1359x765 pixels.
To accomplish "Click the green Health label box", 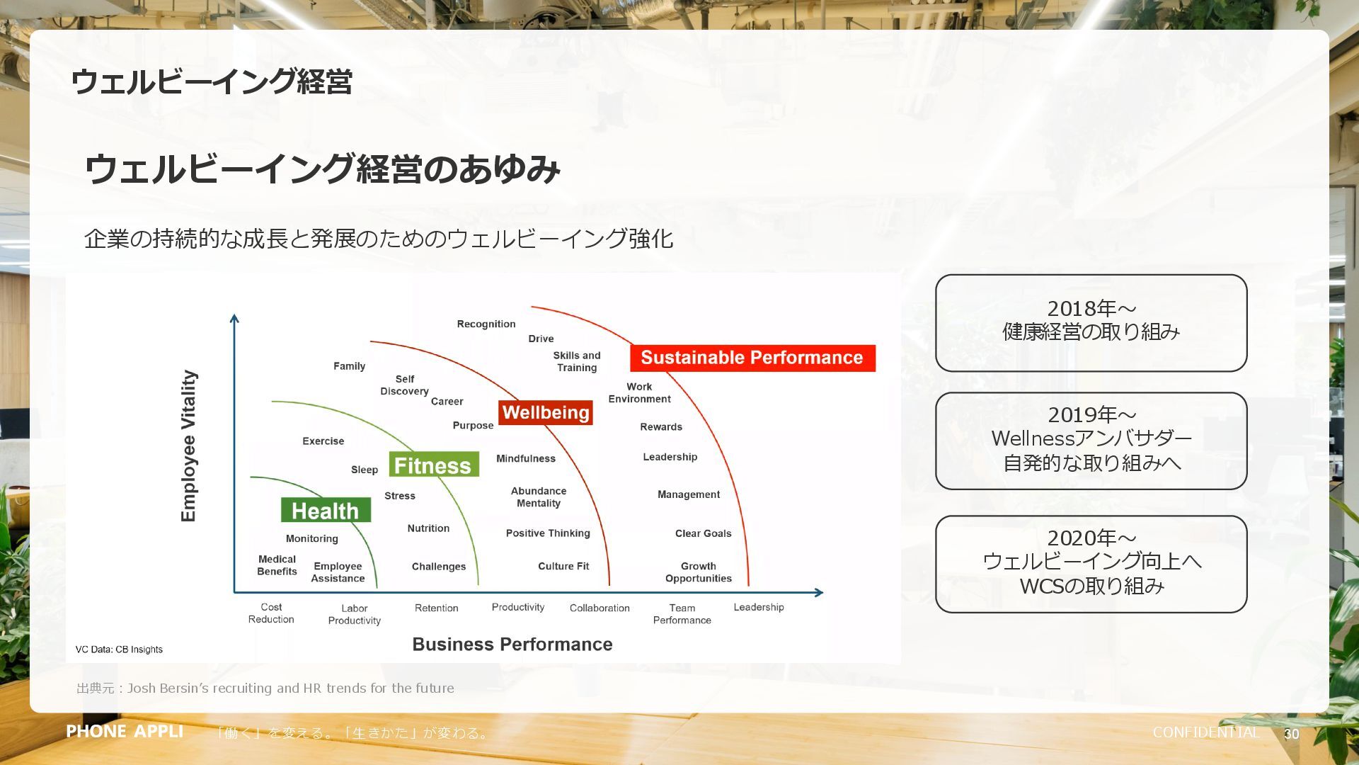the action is tap(326, 510).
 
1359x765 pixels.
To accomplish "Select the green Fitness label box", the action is tap(433, 465).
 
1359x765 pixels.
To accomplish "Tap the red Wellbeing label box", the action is tap(545, 412).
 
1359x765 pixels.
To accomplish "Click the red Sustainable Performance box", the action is tap(752, 358).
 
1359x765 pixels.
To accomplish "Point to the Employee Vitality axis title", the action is tap(188, 446).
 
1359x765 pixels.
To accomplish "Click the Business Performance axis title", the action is tap(512, 644).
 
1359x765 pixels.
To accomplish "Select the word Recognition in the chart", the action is tap(486, 324).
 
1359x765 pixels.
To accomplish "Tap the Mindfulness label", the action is tap(525, 458).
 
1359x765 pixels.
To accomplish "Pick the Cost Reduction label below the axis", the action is tap(271, 613).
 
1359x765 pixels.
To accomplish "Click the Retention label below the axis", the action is tap(436, 608).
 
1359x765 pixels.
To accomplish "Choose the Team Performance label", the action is tap(682, 613).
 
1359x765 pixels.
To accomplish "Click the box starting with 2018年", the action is tap(1091, 323).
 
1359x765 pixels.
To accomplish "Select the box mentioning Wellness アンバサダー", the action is tap(1091, 441).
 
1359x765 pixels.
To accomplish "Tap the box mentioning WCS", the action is tap(1091, 564).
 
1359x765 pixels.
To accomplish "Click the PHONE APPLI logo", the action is tap(125, 731).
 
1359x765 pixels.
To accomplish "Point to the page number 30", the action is tap(1291, 734).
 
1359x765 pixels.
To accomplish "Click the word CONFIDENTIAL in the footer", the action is tap(1205, 732).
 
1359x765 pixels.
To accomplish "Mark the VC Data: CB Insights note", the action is tap(119, 650).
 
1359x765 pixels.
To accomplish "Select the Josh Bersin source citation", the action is tap(265, 688).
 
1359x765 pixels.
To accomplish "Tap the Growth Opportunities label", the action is tap(698, 572).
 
